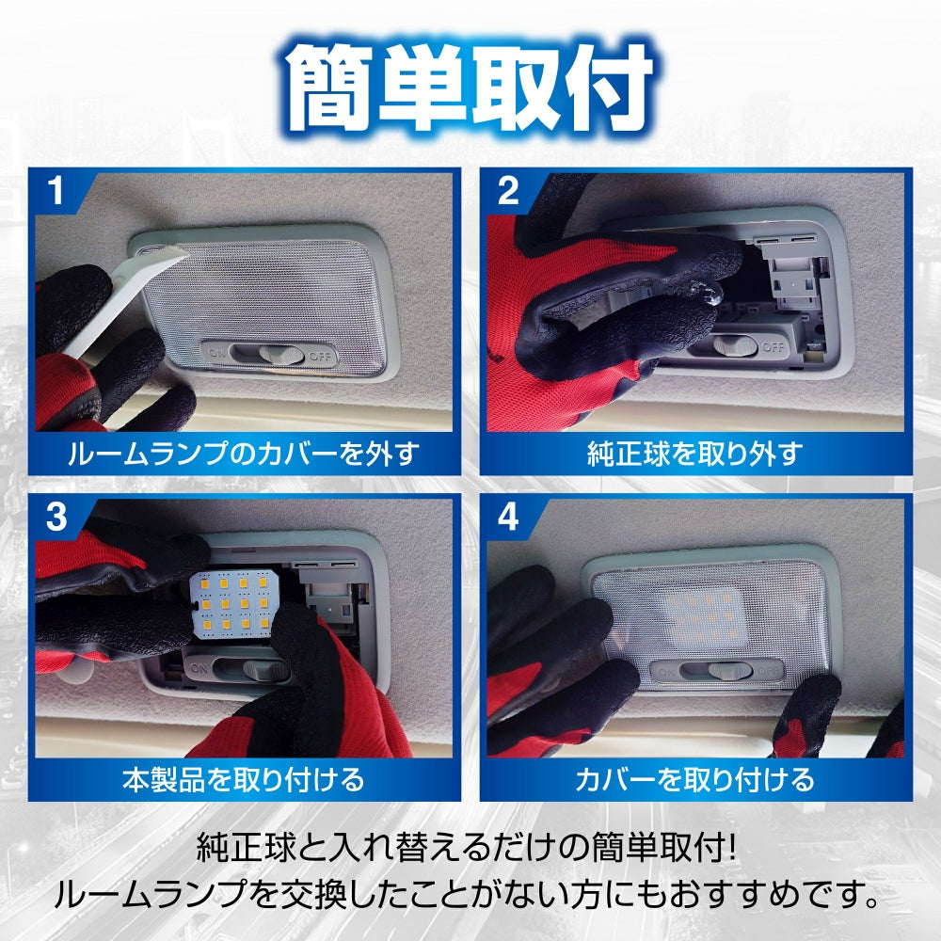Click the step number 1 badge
(56, 190)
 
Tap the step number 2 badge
(508, 191)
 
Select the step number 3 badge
(56, 517)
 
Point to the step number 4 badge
(508, 517)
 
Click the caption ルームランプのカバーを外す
(244, 454)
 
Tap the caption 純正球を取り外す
(695, 455)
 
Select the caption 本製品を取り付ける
(244, 779)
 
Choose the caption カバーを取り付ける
(695, 779)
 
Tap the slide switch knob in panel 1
(281, 356)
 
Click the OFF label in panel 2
(773, 347)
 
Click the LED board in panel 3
(234, 604)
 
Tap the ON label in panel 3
(199, 668)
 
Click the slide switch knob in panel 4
(730, 670)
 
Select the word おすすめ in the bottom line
(737, 895)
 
